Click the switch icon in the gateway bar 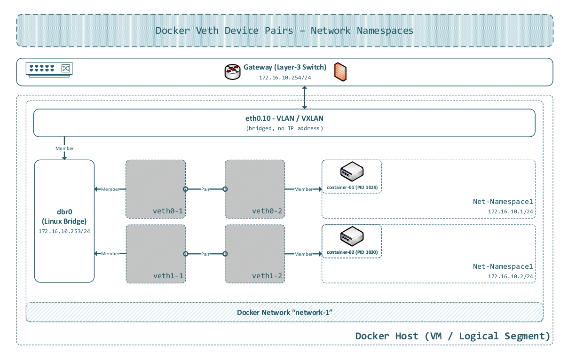pyautogui.click(x=49, y=69)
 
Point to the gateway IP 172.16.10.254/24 pyautogui.click(x=284, y=78)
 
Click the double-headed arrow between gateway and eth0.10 pyautogui.click(x=305, y=97)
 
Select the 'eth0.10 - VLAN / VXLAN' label pyautogui.click(x=284, y=119)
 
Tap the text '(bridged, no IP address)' pyautogui.click(x=284, y=128)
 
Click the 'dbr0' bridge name pyautogui.click(x=64, y=212)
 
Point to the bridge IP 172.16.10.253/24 pyautogui.click(x=64, y=231)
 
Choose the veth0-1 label pyautogui.click(x=168, y=211)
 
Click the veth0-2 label pyautogui.click(x=267, y=211)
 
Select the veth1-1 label pyautogui.click(x=168, y=275)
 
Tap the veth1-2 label pyautogui.click(x=267, y=275)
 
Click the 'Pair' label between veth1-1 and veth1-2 pyautogui.click(x=205, y=254)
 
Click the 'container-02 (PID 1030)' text pyautogui.click(x=352, y=252)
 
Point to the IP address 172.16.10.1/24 pyautogui.click(x=510, y=211)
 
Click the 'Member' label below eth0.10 pyautogui.click(x=64, y=149)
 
